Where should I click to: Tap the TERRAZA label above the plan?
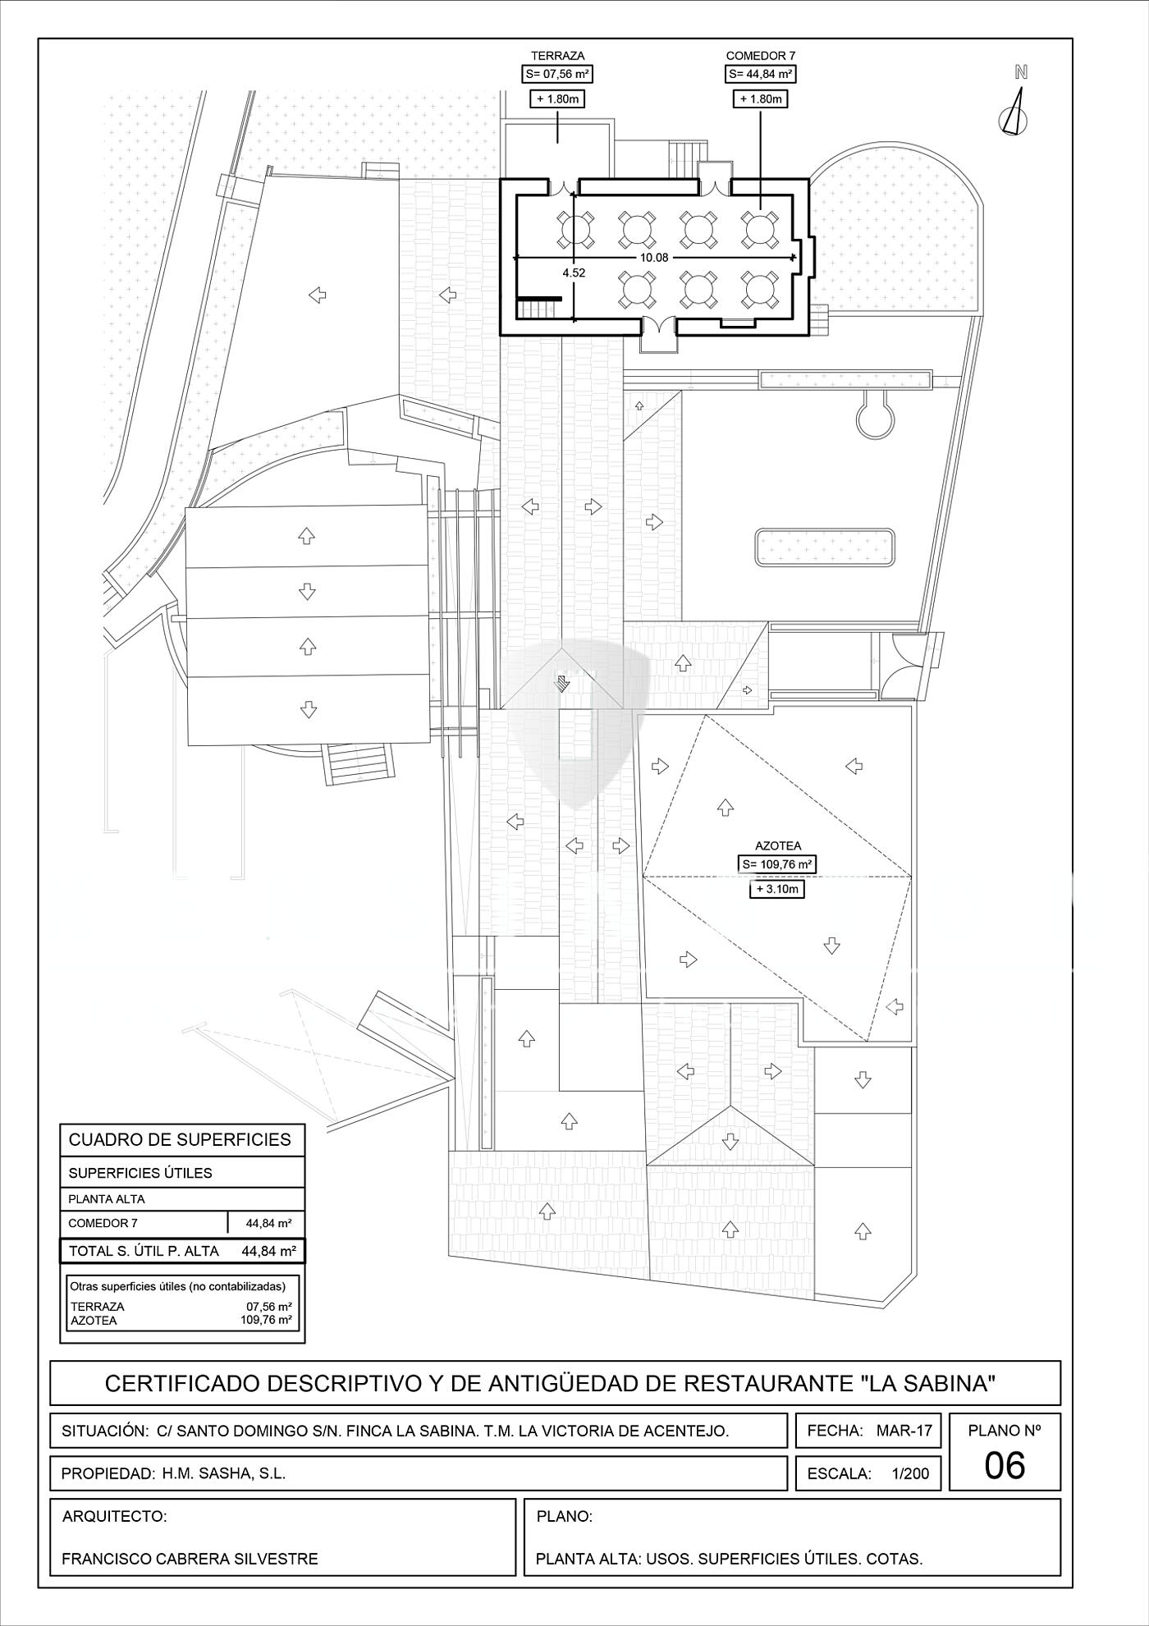pos(557,56)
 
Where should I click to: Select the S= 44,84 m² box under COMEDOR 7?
pos(761,75)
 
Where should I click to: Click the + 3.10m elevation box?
pos(776,888)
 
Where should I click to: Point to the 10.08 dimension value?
pos(654,258)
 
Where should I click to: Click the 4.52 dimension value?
pos(574,273)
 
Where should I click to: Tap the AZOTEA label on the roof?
pos(778,845)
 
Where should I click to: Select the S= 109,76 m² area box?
pos(777,864)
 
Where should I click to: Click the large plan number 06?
pos(1004,1465)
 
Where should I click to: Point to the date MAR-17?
pos(904,1431)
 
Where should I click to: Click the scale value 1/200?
pos(910,1473)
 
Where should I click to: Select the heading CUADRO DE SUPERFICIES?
pos(180,1139)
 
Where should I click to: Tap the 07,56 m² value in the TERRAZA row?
pos(269,1306)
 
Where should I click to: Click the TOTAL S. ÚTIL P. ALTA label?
pos(144,1251)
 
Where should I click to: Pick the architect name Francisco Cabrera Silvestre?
pos(190,1559)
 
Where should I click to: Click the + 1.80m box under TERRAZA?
pos(557,99)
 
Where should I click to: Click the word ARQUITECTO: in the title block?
pos(114,1516)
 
